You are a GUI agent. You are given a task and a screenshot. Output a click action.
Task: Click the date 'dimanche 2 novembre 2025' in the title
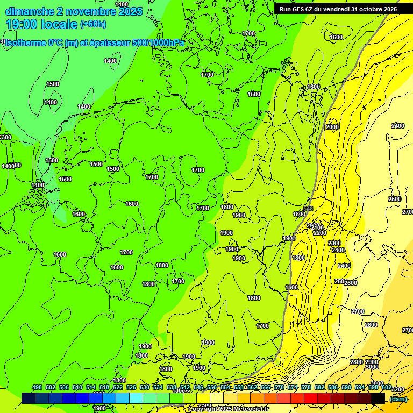[74, 11]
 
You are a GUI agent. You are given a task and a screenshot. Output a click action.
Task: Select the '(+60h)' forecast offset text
[93, 24]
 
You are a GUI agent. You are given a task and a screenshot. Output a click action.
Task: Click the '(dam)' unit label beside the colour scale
[398, 398]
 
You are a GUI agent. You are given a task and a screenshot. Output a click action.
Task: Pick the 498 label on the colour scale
[37, 387]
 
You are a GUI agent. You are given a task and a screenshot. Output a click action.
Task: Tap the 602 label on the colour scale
[387, 387]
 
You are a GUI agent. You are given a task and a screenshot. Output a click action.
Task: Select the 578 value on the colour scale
[306, 387]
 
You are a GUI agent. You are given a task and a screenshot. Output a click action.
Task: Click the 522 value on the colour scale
[118, 387]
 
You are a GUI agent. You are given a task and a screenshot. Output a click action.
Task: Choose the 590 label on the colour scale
[346, 387]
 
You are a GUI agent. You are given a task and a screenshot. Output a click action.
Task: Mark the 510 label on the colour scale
[77, 387]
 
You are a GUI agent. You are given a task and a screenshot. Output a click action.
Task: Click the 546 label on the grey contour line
[308, 209]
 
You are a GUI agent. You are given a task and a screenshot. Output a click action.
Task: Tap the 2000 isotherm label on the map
[332, 127]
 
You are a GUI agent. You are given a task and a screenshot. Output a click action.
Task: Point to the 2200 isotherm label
[319, 233]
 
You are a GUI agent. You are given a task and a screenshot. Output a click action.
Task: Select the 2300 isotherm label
[334, 243]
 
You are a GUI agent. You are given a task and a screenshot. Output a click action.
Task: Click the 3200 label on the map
[398, 389]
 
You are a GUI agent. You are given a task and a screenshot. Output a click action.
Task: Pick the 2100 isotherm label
[317, 227]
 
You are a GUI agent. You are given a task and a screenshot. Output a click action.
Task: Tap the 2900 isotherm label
[371, 362]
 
